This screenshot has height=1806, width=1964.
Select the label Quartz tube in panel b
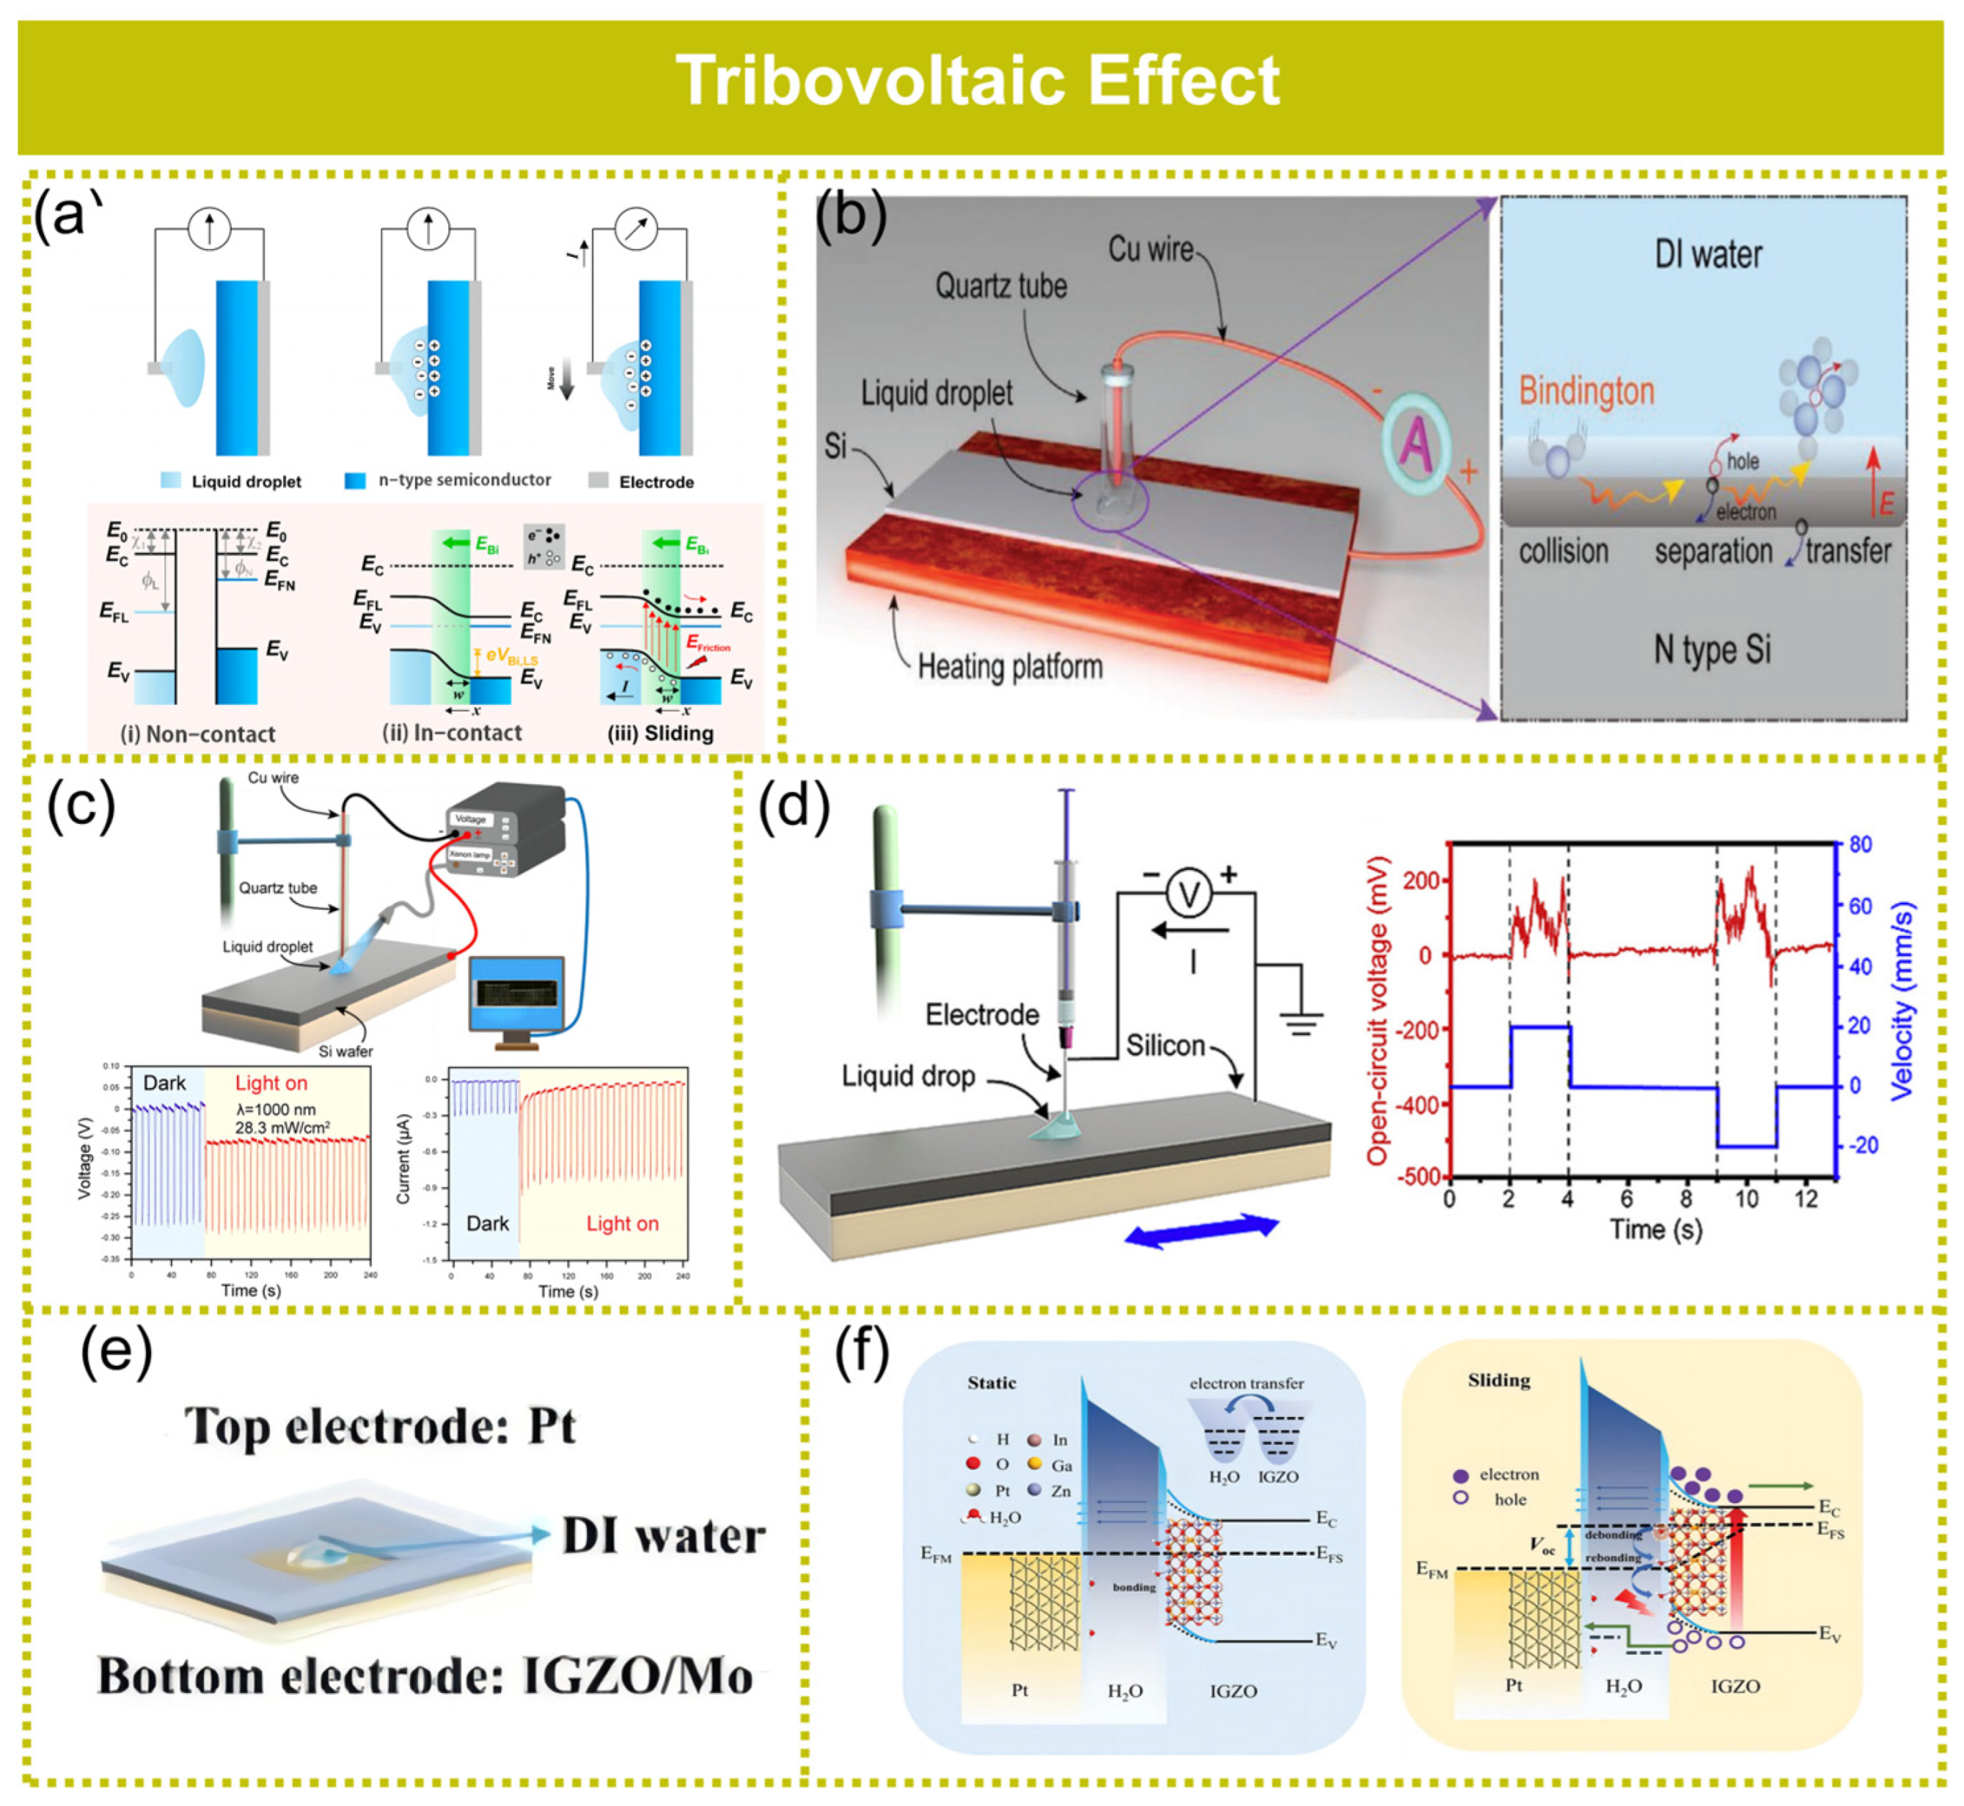pyautogui.click(x=1000, y=286)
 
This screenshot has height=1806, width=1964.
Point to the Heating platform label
pyautogui.click(x=1009, y=667)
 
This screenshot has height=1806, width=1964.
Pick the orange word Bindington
pyautogui.click(x=1586, y=391)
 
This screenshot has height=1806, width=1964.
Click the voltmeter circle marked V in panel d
pyautogui.click(x=1188, y=895)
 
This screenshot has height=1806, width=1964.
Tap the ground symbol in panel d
pyautogui.click(x=1300, y=1023)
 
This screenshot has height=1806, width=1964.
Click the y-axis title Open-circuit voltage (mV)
pyautogui.click(x=1378, y=1011)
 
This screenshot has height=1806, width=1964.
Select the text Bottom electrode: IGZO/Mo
pyautogui.click(x=426, y=1677)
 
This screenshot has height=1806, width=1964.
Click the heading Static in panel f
pyautogui.click(x=991, y=1383)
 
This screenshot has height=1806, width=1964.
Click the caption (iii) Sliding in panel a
pyautogui.click(x=661, y=733)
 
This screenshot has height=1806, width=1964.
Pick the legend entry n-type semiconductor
pyautogui.click(x=464, y=480)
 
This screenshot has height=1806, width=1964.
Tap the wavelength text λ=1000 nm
pyautogui.click(x=276, y=1110)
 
